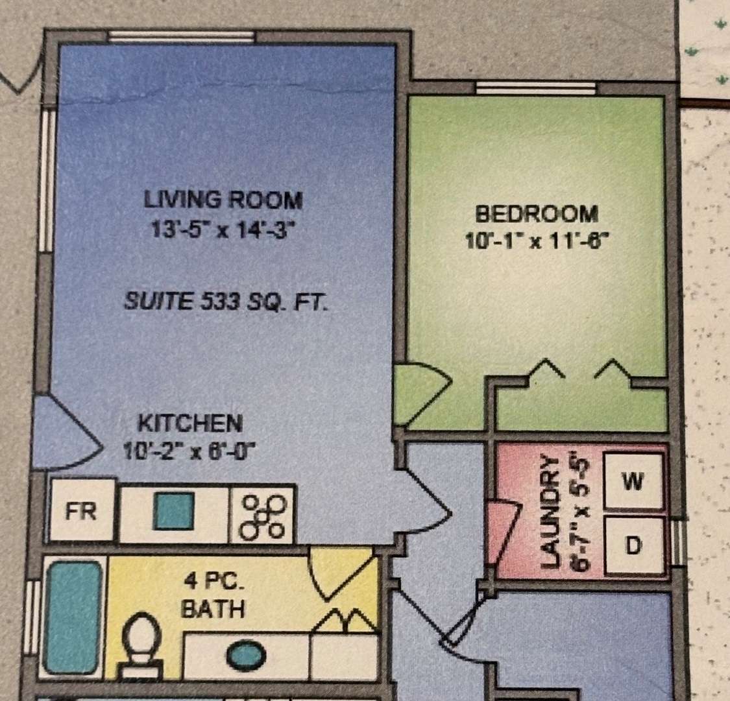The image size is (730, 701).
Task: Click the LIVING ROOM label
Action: tap(223, 200)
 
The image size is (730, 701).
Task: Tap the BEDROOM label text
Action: tap(537, 214)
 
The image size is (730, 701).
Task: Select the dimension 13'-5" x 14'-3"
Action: tap(223, 230)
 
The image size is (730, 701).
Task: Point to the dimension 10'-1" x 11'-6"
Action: tap(537, 241)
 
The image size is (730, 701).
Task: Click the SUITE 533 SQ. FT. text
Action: tap(226, 302)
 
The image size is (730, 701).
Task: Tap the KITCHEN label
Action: tap(190, 423)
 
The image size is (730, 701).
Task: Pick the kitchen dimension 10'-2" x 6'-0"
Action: tap(189, 451)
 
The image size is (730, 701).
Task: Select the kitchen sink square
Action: tap(174, 511)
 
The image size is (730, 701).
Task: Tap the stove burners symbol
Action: tap(262, 517)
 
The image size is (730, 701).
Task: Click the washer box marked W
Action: tap(633, 481)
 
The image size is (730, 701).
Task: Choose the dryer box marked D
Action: tap(633, 545)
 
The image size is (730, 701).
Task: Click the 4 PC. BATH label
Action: tap(213, 595)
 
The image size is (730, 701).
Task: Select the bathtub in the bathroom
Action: tap(73, 618)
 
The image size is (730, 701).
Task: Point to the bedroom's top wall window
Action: tap(537, 88)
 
